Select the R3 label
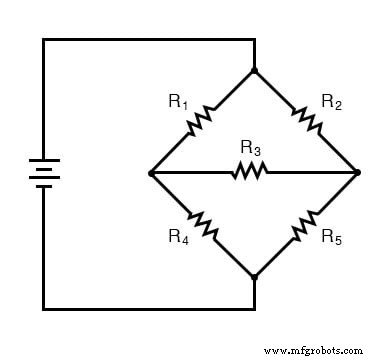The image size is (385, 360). click(250, 149)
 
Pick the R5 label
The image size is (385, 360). click(331, 237)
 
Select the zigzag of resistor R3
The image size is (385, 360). click(250, 172)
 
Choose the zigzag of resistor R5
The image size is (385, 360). click(304, 225)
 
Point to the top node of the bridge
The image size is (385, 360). click(255, 70)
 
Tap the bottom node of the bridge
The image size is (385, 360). click(255, 276)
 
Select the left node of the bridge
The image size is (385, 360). click(151, 173)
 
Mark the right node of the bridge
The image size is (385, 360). click(358, 173)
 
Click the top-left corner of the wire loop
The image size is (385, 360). click(43, 40)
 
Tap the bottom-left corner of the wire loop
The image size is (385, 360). click(43, 308)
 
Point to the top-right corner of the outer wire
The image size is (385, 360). click(255, 40)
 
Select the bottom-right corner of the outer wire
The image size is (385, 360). click(255, 308)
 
